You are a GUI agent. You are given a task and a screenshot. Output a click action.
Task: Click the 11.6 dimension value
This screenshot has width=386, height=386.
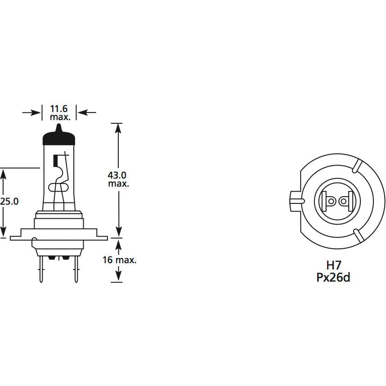pos(59,108)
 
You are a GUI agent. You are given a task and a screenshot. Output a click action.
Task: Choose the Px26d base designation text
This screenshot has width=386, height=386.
pos(333,277)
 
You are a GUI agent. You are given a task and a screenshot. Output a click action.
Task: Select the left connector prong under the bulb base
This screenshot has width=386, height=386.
pos(42,270)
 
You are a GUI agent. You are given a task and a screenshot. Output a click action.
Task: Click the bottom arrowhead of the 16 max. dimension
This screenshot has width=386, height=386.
pos(117,277)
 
